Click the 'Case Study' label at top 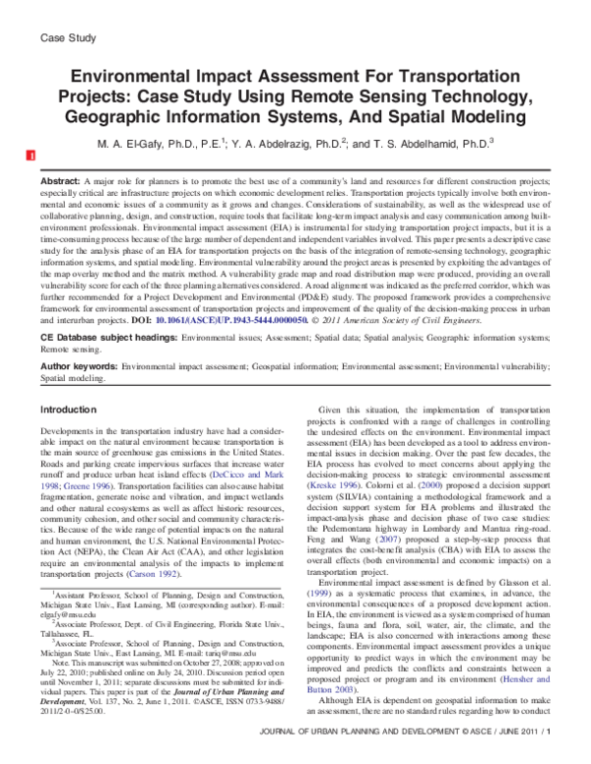[x=66, y=38]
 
